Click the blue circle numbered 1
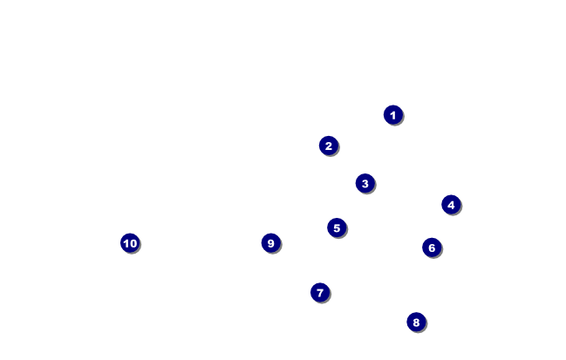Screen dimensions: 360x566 pos(392,114)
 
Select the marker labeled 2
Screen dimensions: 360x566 pos(328,146)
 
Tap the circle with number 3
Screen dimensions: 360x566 pos(365,183)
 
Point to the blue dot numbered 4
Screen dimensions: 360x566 pos(450,205)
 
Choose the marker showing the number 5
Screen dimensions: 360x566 pos(337,228)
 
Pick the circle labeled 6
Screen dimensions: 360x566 pos(431,248)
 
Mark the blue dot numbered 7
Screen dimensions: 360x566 pos(319,292)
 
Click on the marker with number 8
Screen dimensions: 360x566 pos(415,322)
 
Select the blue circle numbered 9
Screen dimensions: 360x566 pos(270,243)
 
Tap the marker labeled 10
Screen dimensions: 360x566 pos(130,243)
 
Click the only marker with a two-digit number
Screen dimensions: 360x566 pos(130,243)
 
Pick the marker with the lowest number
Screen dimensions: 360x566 pos(392,114)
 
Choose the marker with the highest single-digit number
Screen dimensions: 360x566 pos(270,243)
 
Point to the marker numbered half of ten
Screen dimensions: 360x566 pos(337,228)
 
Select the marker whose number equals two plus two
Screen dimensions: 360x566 pos(450,205)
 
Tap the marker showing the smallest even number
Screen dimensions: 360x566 pos(328,146)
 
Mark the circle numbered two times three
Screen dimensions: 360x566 pos(431,248)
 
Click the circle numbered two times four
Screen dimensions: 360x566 pos(415,322)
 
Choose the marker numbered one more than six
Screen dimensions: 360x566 pos(319,292)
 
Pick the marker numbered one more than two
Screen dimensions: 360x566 pos(365,183)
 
